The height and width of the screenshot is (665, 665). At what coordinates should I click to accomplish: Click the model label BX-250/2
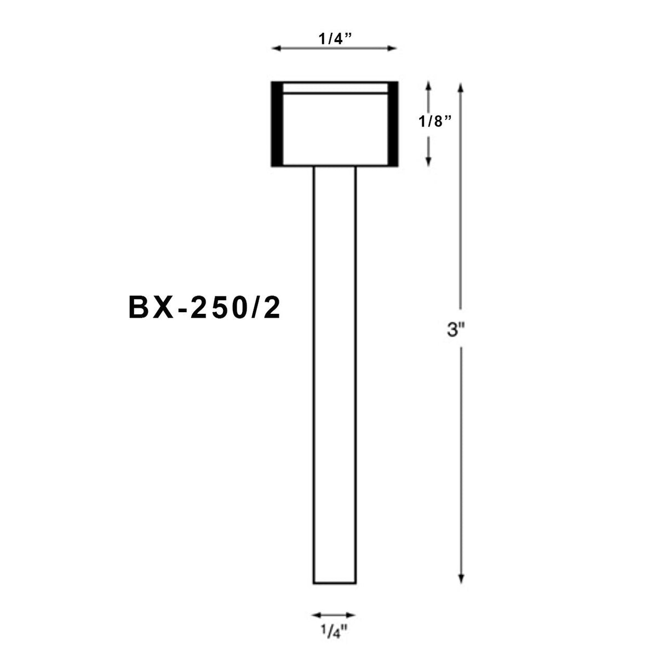click(x=204, y=308)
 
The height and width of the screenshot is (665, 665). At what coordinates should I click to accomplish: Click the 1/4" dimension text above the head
click(x=334, y=39)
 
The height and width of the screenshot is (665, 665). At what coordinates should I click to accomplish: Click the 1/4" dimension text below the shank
click(x=334, y=633)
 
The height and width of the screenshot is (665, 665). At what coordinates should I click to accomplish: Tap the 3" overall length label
click(x=456, y=331)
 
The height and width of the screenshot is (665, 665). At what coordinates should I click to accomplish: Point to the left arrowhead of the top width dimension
click(x=276, y=49)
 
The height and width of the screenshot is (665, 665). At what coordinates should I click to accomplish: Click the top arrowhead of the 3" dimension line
click(x=461, y=87)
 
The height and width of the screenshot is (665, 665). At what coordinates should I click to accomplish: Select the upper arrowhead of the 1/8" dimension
click(x=429, y=87)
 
